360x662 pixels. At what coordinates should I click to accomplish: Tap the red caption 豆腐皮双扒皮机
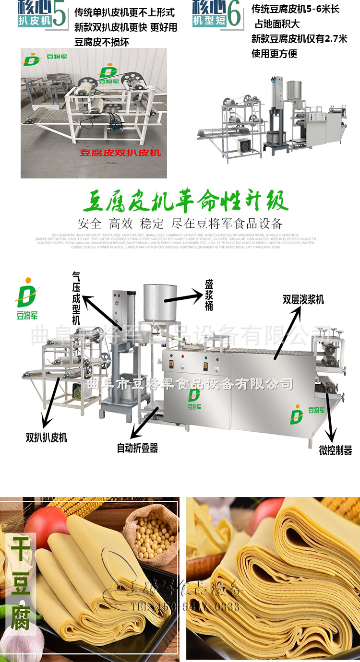coord(120,153)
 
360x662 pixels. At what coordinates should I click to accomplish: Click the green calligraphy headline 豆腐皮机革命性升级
coord(185,201)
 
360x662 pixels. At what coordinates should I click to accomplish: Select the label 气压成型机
coord(76,297)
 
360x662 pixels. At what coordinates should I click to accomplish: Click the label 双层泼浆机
coord(303,300)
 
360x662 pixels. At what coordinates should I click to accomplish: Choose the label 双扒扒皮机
coord(46,437)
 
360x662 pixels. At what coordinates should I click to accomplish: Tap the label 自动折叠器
coord(137,448)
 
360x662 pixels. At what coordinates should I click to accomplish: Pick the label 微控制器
coord(336,450)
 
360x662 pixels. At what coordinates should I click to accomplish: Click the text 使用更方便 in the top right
coord(274,53)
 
